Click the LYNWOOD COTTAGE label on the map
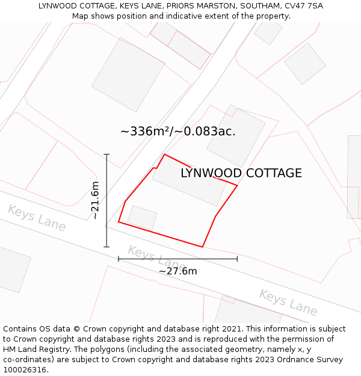point(241,173)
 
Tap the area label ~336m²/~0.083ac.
point(177,131)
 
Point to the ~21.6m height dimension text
point(95,200)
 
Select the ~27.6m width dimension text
point(177,271)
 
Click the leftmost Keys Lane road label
point(37,217)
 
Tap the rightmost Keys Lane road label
point(288,302)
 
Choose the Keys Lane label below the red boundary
point(156,257)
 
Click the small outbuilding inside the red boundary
point(142,217)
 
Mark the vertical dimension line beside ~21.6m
point(106,200)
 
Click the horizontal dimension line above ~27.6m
point(177,259)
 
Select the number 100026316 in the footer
point(25,370)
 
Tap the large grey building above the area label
point(128,75)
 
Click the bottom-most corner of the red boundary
point(202,247)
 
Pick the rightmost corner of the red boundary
point(237,186)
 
